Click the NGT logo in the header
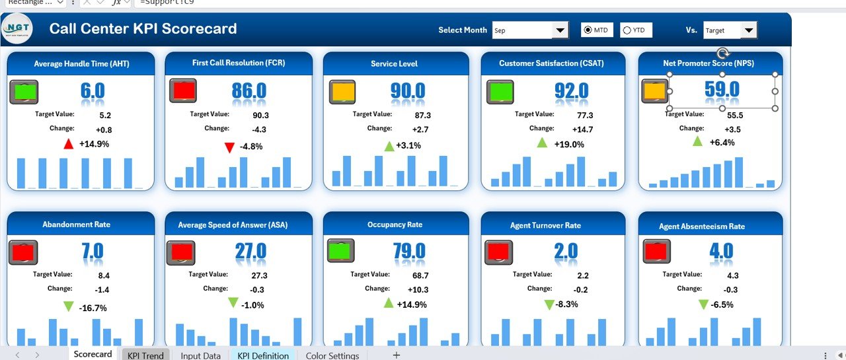pos(17,29)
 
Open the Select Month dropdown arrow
pos(560,30)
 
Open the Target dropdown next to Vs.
pos(749,30)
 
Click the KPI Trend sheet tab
pos(145,355)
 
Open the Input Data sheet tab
pos(200,355)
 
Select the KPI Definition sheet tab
pos(263,355)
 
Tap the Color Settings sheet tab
pos(332,355)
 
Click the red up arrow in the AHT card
pos(68,143)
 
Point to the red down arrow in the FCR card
pos(229,147)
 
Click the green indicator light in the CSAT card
pos(500,92)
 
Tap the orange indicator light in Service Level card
pos(342,92)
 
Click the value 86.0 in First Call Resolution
pos(249,90)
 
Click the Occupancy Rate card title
pos(395,225)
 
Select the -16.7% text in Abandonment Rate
pos(93,308)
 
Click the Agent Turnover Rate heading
pos(545,225)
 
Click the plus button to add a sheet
pos(397,355)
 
